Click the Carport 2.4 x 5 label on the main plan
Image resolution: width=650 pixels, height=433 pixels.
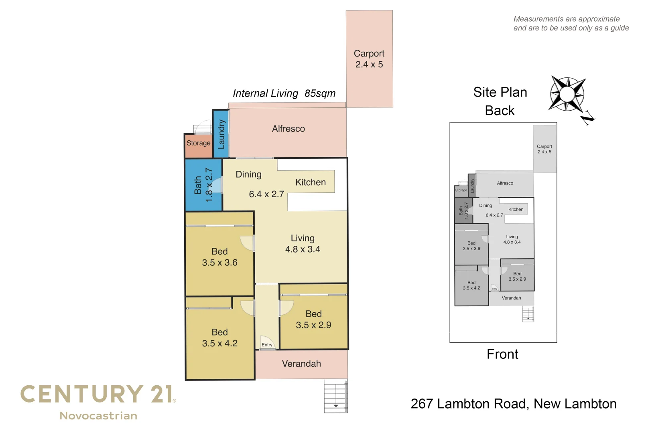[x=369, y=59]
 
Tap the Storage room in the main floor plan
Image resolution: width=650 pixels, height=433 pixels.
[x=198, y=143]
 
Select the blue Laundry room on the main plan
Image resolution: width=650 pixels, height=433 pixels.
[x=221, y=134]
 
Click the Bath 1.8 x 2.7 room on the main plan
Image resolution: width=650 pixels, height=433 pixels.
[x=203, y=185]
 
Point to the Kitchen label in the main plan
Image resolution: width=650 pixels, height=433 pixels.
[x=310, y=182]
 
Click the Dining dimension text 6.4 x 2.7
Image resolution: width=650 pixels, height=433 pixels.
[x=266, y=194]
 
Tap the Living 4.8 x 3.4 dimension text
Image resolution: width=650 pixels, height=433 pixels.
[x=303, y=249]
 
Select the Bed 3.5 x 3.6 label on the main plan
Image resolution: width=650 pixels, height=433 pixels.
[x=219, y=257]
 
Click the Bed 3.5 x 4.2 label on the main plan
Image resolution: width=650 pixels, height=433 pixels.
[x=219, y=338]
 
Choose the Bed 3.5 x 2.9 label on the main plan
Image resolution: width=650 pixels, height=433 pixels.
[x=313, y=320]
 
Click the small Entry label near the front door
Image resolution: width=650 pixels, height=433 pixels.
[x=267, y=345]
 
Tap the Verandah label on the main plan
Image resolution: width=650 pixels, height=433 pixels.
[x=301, y=364]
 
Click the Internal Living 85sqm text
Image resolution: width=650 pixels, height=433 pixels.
[x=284, y=93]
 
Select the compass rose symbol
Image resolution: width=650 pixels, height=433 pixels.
[x=567, y=94]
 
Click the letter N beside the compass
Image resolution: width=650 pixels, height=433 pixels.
[x=587, y=117]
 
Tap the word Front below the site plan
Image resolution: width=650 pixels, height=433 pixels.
[x=502, y=354]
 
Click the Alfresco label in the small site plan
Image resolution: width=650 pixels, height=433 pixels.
[x=505, y=183]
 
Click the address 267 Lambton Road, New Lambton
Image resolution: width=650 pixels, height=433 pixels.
[x=514, y=404]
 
